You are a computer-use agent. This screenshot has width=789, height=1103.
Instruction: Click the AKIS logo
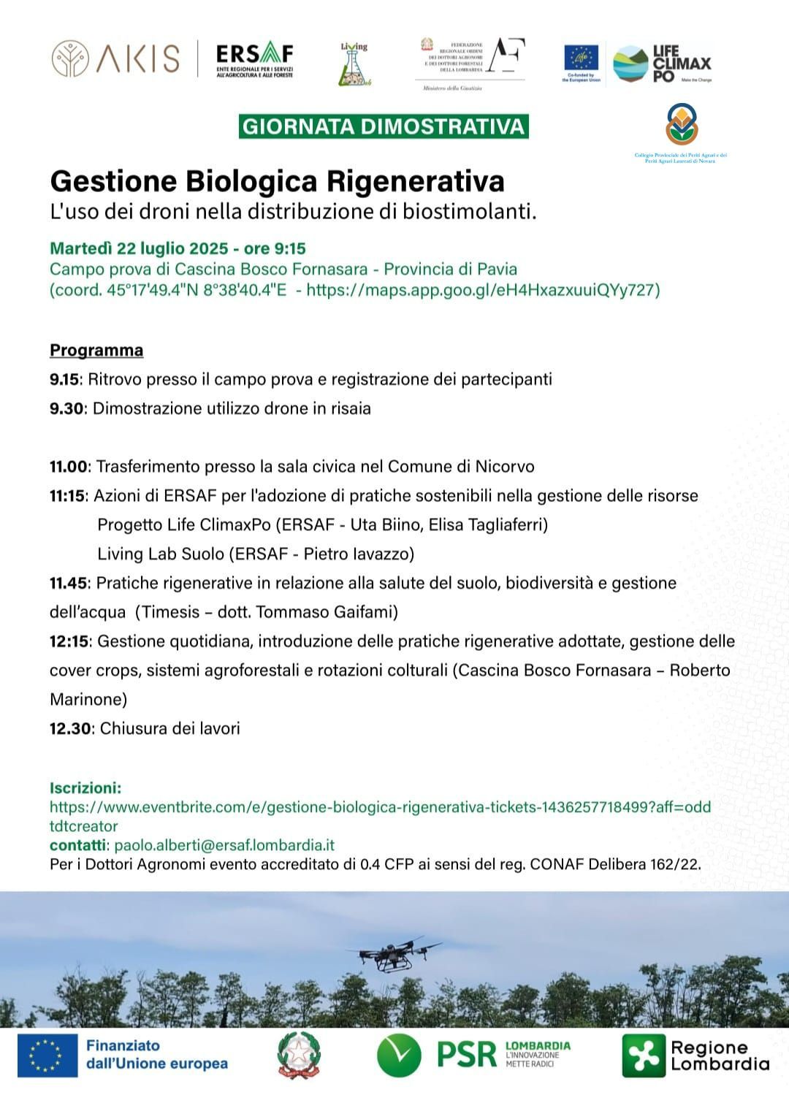pyautogui.click(x=115, y=59)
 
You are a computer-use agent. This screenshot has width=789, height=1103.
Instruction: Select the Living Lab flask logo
pyautogui.click(x=354, y=65)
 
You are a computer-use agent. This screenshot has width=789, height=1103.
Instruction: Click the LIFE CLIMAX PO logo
pyautogui.click(x=661, y=64)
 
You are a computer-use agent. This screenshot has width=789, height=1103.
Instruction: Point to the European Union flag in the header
pyautogui.click(x=581, y=58)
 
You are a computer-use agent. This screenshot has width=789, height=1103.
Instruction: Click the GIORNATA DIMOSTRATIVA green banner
pyautogui.click(x=384, y=126)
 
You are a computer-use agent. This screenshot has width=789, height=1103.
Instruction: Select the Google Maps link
pyautogui.click(x=482, y=290)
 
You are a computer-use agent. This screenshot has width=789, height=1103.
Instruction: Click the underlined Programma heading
pyautogui.click(x=96, y=351)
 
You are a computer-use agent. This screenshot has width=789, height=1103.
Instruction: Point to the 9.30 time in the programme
pyautogui.click(x=66, y=408)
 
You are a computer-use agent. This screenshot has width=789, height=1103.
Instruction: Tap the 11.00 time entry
pyautogui.click(x=69, y=466)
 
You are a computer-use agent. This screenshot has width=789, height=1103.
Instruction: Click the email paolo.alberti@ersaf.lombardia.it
pyautogui.click(x=224, y=845)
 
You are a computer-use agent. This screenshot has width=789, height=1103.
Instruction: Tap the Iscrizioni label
pyautogui.click(x=85, y=788)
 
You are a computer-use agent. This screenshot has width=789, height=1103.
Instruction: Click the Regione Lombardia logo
pyautogui.click(x=695, y=1056)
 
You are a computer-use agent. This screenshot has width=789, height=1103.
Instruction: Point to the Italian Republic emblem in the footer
pyautogui.click(x=299, y=1056)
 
